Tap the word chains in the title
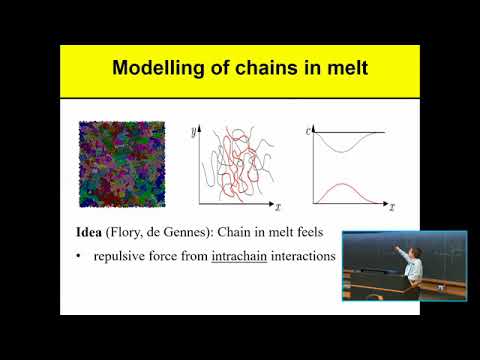tap(258, 69)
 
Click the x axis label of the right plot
tap(392, 209)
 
